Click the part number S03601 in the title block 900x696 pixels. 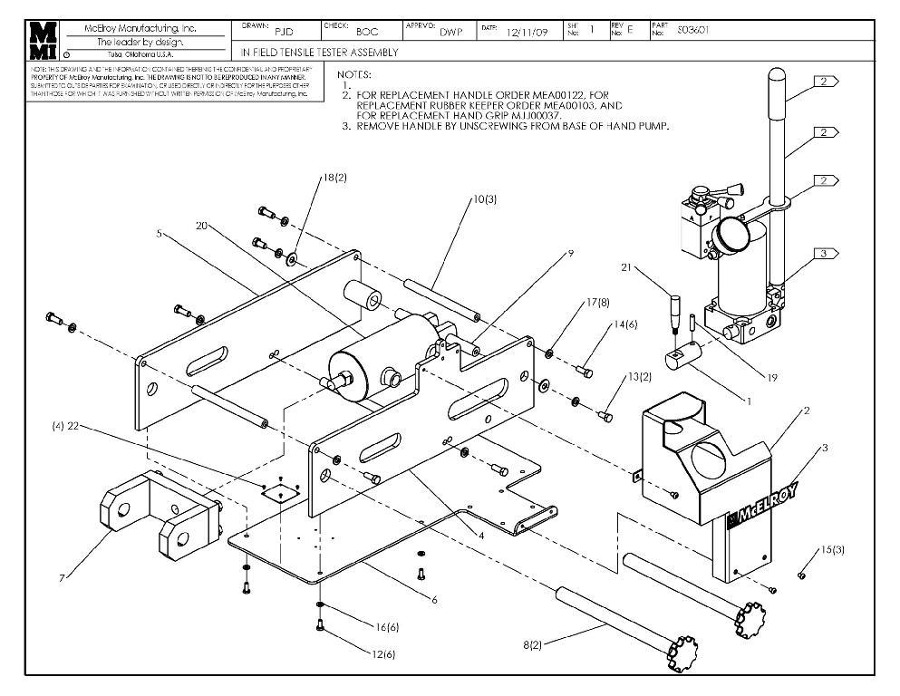tap(693, 30)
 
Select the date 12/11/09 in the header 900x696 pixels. tap(525, 31)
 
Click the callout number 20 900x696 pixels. tap(201, 226)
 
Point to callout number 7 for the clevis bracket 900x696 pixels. tap(63, 578)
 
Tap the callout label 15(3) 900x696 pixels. tap(832, 550)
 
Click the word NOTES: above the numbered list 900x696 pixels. tap(354, 74)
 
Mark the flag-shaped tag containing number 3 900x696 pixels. tap(824, 254)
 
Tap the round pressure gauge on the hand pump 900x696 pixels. tap(731, 235)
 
